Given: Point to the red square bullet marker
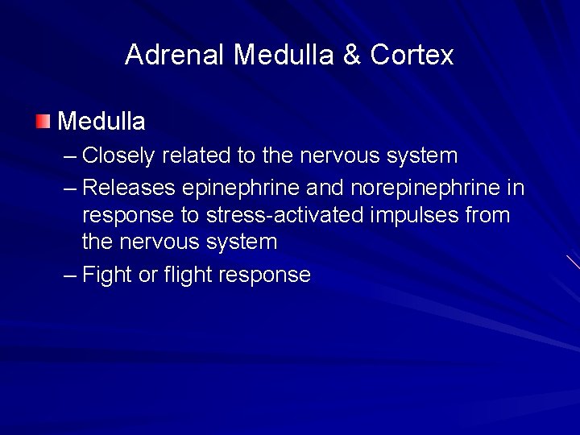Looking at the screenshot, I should click(43, 122).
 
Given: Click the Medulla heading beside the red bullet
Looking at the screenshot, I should click(101, 122).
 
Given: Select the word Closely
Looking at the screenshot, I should click(119, 155).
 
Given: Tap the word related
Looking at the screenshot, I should click(197, 155).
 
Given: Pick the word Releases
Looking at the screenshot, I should click(130, 188).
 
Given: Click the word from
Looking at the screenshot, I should click(491, 215).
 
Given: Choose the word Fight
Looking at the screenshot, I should click(107, 275).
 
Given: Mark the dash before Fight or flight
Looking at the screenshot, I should click(70, 275).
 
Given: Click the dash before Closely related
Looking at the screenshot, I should click(70, 155).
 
